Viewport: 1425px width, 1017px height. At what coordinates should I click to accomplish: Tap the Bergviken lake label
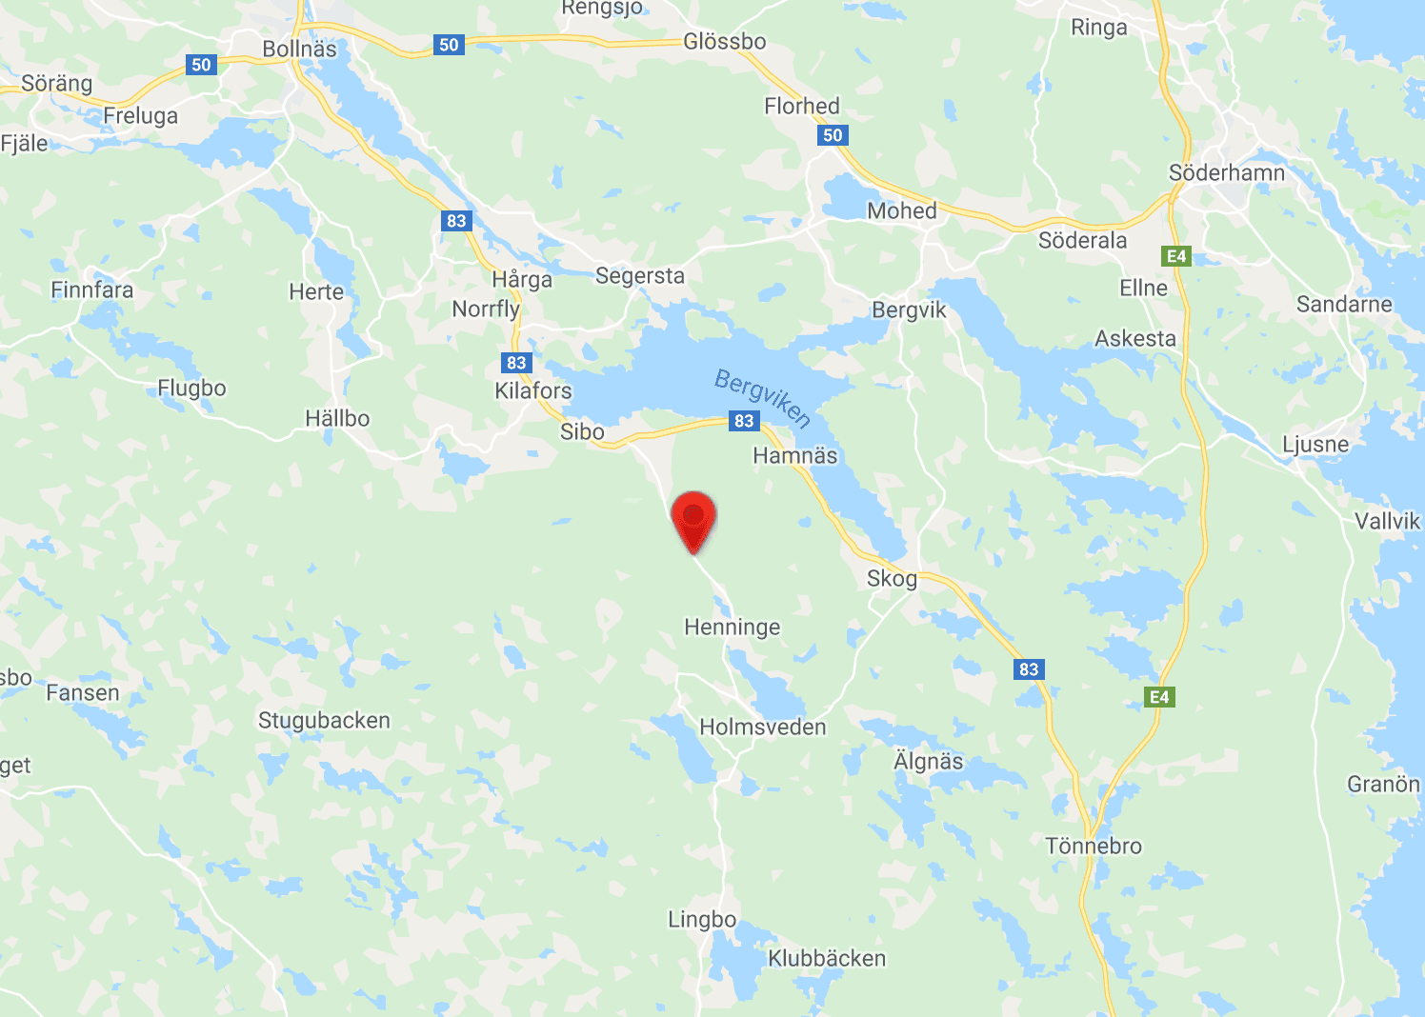(x=763, y=398)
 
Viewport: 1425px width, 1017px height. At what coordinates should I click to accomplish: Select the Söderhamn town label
(x=1227, y=173)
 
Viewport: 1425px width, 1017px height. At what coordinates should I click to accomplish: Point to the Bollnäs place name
(x=299, y=49)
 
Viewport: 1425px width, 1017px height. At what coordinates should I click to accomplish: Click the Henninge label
(x=732, y=627)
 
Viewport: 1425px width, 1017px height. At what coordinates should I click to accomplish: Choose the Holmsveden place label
(x=762, y=728)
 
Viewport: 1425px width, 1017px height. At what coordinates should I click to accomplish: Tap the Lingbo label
(x=702, y=920)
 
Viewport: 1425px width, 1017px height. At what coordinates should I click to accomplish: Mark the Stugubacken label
(x=324, y=721)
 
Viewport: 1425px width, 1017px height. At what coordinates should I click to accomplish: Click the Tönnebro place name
(x=1093, y=846)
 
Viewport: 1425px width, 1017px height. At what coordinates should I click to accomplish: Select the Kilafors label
(x=532, y=390)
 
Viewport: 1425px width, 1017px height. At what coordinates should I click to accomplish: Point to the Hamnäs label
(x=794, y=456)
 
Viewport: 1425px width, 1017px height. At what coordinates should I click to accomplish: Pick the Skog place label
(x=892, y=579)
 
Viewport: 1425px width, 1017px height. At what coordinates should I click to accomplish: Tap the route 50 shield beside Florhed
(x=833, y=135)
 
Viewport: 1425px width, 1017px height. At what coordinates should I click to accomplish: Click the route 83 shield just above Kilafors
(x=516, y=363)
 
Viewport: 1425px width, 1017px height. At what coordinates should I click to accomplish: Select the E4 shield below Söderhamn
(x=1176, y=256)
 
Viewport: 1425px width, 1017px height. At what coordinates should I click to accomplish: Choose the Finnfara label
(x=92, y=290)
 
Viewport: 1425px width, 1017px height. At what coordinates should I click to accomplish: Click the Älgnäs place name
(x=928, y=762)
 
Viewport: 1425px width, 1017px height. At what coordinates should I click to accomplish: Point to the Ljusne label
(x=1315, y=445)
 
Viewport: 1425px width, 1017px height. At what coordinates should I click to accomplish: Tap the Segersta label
(x=640, y=276)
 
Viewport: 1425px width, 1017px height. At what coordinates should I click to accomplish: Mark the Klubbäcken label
(x=827, y=959)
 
